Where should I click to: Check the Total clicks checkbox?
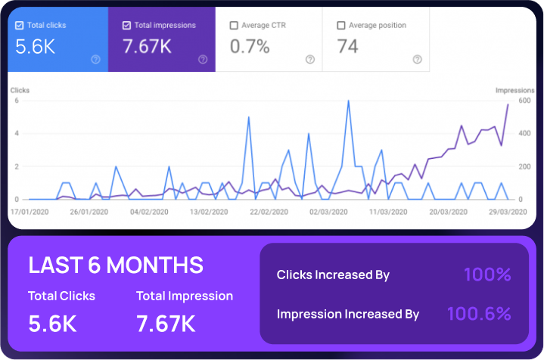pyautogui.click(x=20, y=25)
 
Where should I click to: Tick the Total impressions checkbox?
pyautogui.click(x=126, y=25)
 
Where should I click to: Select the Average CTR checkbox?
pyautogui.click(x=234, y=25)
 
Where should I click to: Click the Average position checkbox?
pyautogui.click(x=341, y=25)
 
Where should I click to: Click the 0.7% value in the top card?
pyautogui.click(x=249, y=47)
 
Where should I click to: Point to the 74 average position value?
pyautogui.click(x=348, y=47)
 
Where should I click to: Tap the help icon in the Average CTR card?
pyautogui.click(x=310, y=60)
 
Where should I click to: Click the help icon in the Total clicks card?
pyautogui.click(x=96, y=60)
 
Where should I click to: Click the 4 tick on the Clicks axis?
pyautogui.click(x=16, y=134)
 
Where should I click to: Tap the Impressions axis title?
pyautogui.click(x=514, y=91)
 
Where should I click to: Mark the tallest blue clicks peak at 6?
pyautogui.click(x=348, y=101)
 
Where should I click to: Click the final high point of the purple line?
pyautogui.click(x=508, y=104)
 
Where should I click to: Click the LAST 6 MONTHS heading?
pyautogui.click(x=116, y=265)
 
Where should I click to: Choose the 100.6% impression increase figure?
pyautogui.click(x=479, y=313)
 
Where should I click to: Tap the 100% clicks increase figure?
pyautogui.click(x=487, y=275)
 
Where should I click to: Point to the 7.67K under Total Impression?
pyautogui.click(x=166, y=324)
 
